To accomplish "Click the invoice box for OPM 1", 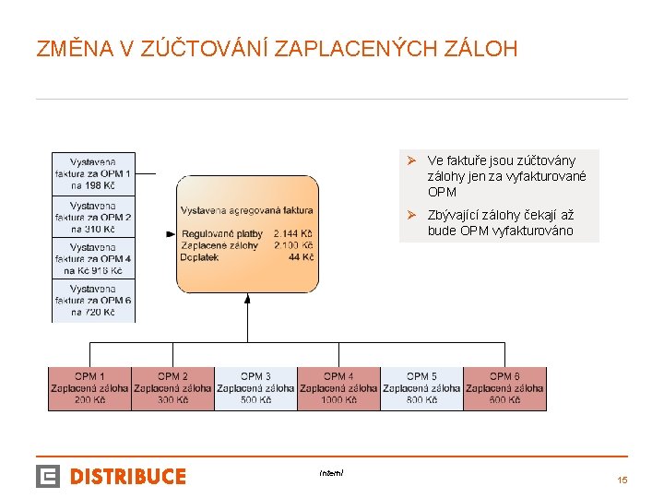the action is click(93, 173).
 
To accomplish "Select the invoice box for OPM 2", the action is click(93, 217).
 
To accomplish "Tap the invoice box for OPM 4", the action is click(93, 259).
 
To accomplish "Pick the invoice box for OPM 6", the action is click(93, 301).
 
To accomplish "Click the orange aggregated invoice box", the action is click(247, 233).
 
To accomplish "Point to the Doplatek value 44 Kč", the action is click(301, 257).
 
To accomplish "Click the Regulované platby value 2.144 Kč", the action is click(293, 234).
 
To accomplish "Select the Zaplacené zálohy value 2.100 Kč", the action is click(293, 246).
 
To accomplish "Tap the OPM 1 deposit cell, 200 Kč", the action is click(89, 388).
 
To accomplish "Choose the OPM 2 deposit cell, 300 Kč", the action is click(172, 388).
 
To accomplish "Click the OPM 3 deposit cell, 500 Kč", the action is click(255, 388).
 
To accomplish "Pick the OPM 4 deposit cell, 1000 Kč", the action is click(338, 388).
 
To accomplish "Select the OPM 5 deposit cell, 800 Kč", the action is click(421, 388).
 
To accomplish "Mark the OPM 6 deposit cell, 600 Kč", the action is click(504, 388).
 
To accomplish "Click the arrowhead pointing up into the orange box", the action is click(247, 298).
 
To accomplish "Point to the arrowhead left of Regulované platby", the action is click(171, 234).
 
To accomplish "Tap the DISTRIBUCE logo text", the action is click(128, 477).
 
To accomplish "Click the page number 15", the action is click(622, 480).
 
